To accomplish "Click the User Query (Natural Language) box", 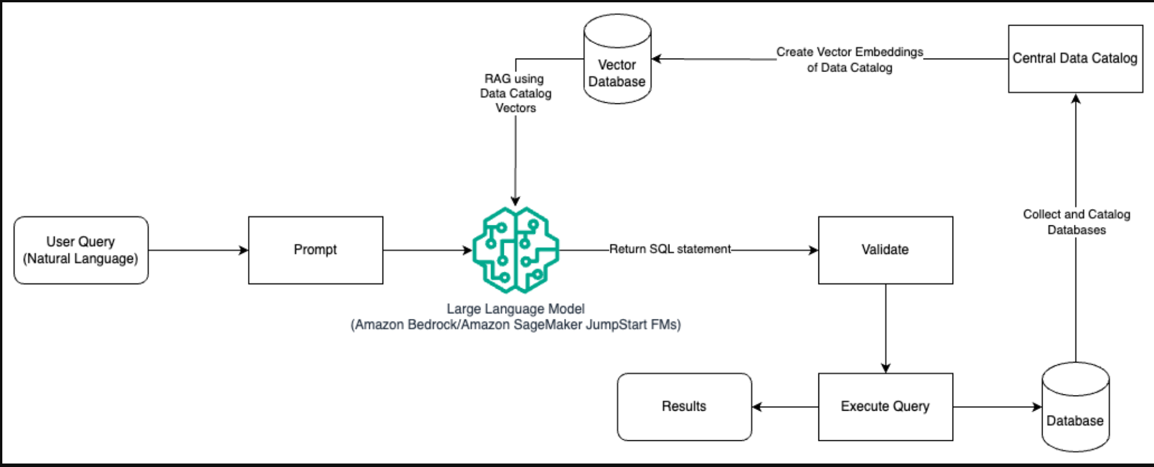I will point(81,250).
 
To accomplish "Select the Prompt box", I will point(315,250).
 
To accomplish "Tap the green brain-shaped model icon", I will point(515,250).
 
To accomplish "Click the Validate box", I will point(885,250).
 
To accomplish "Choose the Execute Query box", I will point(885,407).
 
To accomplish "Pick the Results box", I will point(684,407).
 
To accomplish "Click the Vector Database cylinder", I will point(617,64).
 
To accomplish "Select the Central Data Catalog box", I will point(1075,59).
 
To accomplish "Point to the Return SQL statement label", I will point(670,249).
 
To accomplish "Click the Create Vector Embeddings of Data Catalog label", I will point(850,60).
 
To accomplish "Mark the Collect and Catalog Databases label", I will point(1077,222).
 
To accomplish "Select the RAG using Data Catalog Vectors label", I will point(515,94).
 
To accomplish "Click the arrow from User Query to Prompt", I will point(198,250).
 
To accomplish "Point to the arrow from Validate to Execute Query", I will point(886,328).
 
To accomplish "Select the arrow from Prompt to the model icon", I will point(427,250).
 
